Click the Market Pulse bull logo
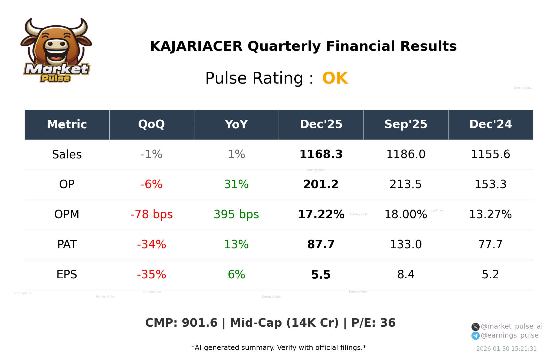tap(56, 51)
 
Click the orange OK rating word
tap(335, 78)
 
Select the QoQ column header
tap(151, 125)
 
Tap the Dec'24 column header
tap(490, 125)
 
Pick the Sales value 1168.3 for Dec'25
tap(321, 154)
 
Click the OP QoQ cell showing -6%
tap(151, 184)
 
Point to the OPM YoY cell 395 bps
tap(236, 214)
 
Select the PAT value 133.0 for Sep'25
tap(406, 244)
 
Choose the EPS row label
tap(67, 275)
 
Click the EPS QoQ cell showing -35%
tap(151, 275)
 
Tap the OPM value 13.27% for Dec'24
tap(490, 214)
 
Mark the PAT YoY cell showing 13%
tap(236, 244)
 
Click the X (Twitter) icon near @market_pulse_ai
tap(475, 327)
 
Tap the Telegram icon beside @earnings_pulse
tap(475, 336)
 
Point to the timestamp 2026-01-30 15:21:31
tap(506, 349)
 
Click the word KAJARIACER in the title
tap(196, 46)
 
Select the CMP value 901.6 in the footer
tap(200, 323)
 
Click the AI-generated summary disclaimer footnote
tap(279, 348)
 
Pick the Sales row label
tap(67, 154)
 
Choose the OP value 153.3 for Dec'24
tap(490, 184)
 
